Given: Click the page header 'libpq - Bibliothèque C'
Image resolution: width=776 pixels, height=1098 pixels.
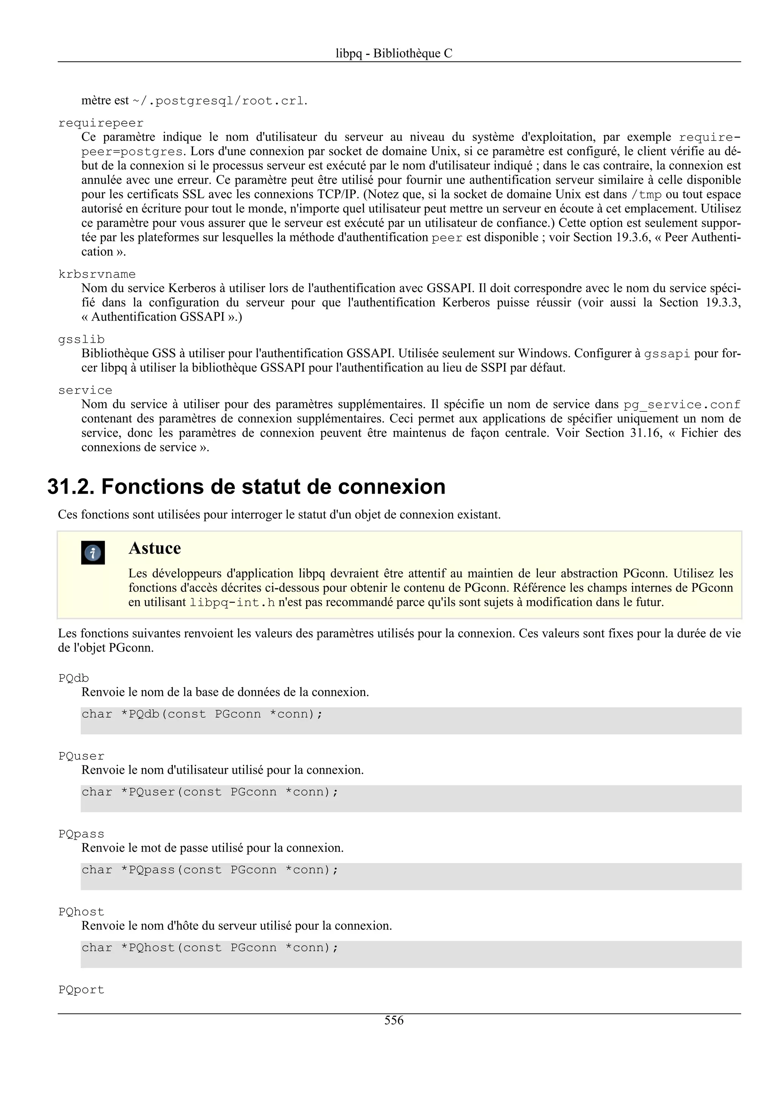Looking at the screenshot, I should click(394, 53).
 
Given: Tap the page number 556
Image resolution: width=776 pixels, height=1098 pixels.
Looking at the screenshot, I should click(394, 1020).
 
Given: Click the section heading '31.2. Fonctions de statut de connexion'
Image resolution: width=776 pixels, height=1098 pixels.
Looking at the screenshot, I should click(246, 487).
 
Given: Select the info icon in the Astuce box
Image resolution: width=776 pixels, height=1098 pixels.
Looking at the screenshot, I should click(93, 553).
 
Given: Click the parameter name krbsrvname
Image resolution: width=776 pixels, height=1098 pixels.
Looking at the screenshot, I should click(97, 274).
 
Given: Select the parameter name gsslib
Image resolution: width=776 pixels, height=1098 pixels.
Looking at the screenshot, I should click(81, 339).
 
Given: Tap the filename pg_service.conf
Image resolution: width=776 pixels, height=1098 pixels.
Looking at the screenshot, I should click(682, 405).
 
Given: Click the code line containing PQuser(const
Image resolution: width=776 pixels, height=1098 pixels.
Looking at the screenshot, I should click(210, 792).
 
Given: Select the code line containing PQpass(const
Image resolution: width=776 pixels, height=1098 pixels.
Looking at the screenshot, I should click(210, 870).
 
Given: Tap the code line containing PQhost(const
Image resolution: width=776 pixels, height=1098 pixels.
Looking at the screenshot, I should click(210, 948).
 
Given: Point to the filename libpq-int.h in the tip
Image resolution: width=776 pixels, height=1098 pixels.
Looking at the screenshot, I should click(232, 602).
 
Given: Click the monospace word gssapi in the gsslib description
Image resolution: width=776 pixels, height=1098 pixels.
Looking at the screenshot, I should click(667, 354).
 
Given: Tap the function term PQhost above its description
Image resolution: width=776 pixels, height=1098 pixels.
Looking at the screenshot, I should click(81, 912).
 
